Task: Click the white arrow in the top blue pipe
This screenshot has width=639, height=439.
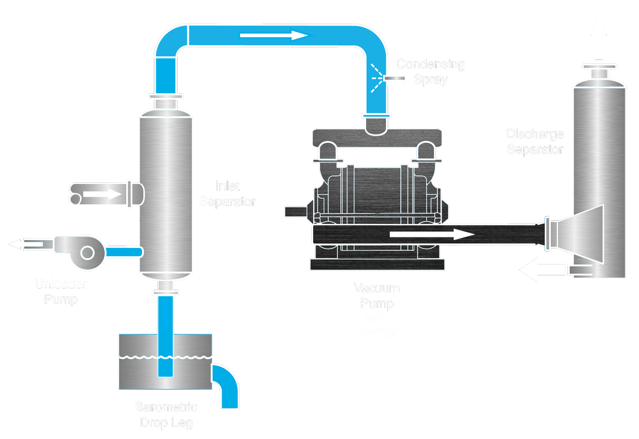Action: [273, 36]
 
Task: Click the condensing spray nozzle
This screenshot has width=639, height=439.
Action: [394, 79]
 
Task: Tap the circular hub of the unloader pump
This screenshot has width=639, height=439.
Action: [87, 252]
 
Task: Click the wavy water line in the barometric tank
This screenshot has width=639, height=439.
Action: [165, 357]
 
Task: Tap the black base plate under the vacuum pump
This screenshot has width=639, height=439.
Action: [377, 264]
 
